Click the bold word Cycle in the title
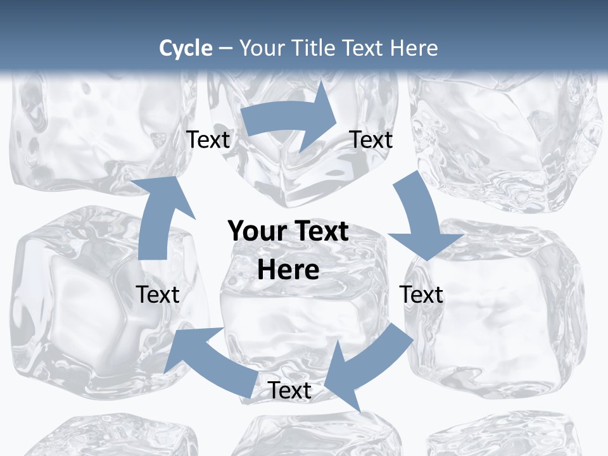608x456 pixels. [186, 48]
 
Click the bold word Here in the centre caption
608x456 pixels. [288, 270]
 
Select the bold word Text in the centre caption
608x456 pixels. [319, 231]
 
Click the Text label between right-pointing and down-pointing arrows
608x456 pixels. [371, 139]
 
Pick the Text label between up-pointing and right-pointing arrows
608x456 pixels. [208, 139]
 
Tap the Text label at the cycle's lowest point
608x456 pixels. [289, 390]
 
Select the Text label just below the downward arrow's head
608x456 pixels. [421, 294]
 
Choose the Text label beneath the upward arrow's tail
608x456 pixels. [158, 294]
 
